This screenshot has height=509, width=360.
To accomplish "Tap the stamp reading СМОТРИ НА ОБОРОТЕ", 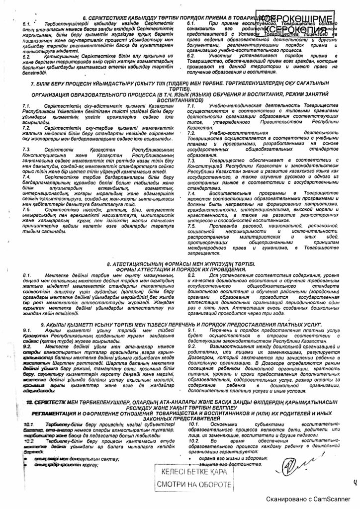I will (x=194, y=484).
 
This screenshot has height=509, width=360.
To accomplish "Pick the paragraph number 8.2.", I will (x=191, y=274).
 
